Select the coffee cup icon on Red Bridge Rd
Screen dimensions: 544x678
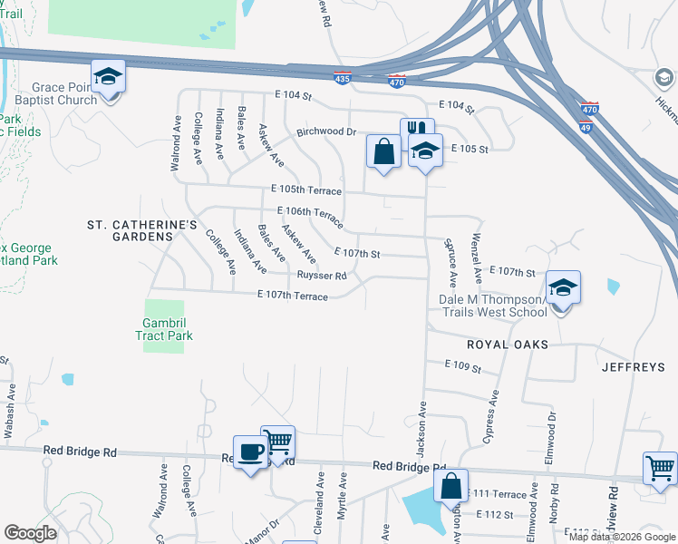(x=250, y=451)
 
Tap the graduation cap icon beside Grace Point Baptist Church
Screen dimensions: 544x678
(x=108, y=76)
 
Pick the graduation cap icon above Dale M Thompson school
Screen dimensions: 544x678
(x=563, y=288)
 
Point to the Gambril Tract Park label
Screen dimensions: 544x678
(x=168, y=329)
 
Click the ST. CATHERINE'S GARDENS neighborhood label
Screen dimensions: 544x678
(x=129, y=229)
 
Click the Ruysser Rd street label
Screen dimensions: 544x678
(x=322, y=276)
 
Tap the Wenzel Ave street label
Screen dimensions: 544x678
(x=475, y=255)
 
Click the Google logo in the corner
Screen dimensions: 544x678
(x=31, y=533)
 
